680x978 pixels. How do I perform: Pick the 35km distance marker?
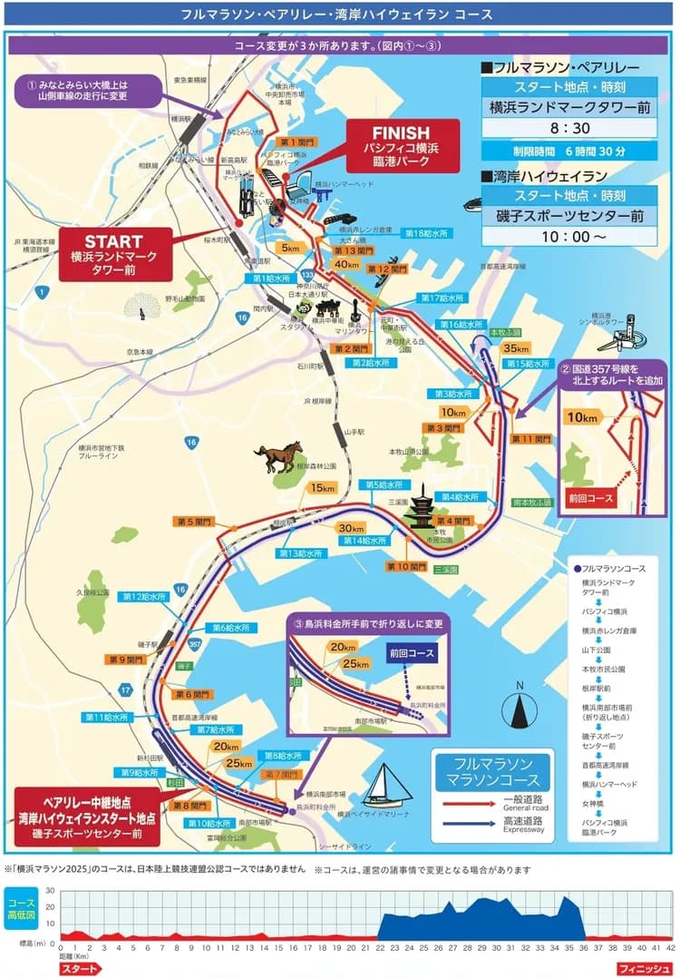pos(515,349)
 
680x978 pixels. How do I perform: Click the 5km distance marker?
pos(290,248)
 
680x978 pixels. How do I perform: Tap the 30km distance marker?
pos(350,528)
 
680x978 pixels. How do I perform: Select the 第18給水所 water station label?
pos(427,234)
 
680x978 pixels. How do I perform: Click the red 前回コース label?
pos(591,498)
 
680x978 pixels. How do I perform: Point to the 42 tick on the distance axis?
pos(670,946)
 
